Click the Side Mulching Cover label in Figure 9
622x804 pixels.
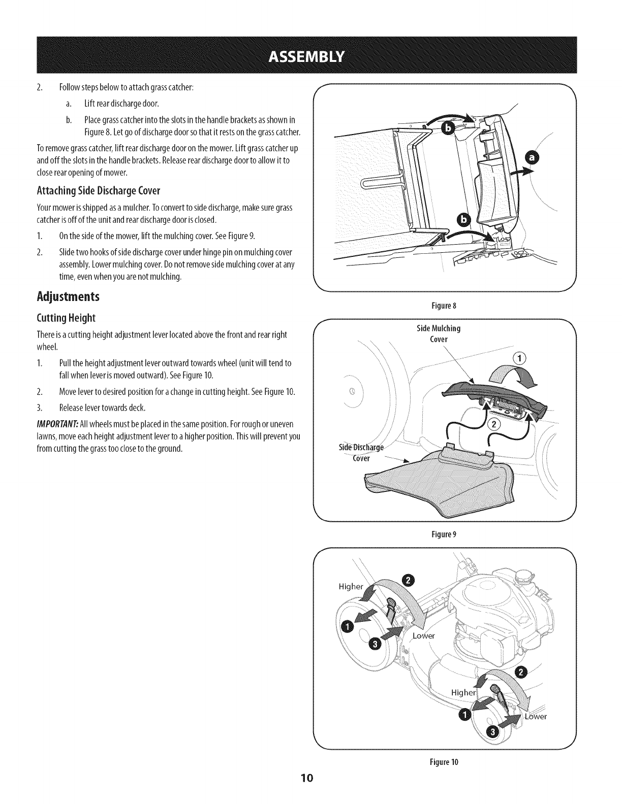pos(438,334)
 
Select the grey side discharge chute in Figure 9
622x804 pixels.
pos(437,482)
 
